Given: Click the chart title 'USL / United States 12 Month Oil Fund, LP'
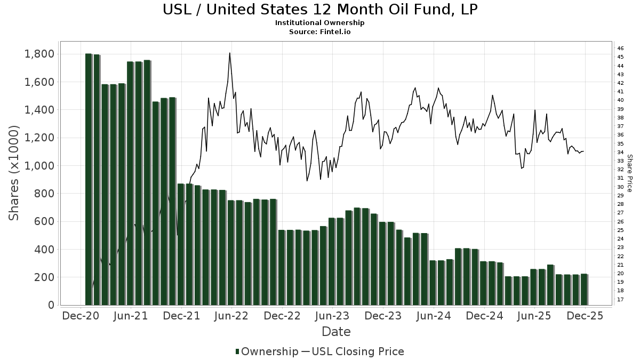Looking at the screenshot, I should [319, 10].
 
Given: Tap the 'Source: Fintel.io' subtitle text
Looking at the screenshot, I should [319, 31].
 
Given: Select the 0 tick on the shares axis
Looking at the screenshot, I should [51, 305].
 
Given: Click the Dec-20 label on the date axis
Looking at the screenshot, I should [81, 316].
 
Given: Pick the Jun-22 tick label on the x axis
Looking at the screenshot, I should [231, 316].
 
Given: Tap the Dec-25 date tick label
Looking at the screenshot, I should [585, 316].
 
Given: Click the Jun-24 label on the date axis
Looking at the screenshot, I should [433, 316].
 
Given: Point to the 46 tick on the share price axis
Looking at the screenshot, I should [621, 49].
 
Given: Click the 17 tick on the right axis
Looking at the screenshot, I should [621, 299].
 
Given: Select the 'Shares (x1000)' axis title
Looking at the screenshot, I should [14, 173].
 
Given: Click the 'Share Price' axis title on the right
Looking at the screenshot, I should [629, 173].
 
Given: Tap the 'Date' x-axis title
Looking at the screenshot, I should [336, 332].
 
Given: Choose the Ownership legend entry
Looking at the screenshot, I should [267, 351].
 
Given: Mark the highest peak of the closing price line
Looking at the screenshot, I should [229, 53].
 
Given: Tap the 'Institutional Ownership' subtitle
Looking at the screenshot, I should [319, 23].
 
